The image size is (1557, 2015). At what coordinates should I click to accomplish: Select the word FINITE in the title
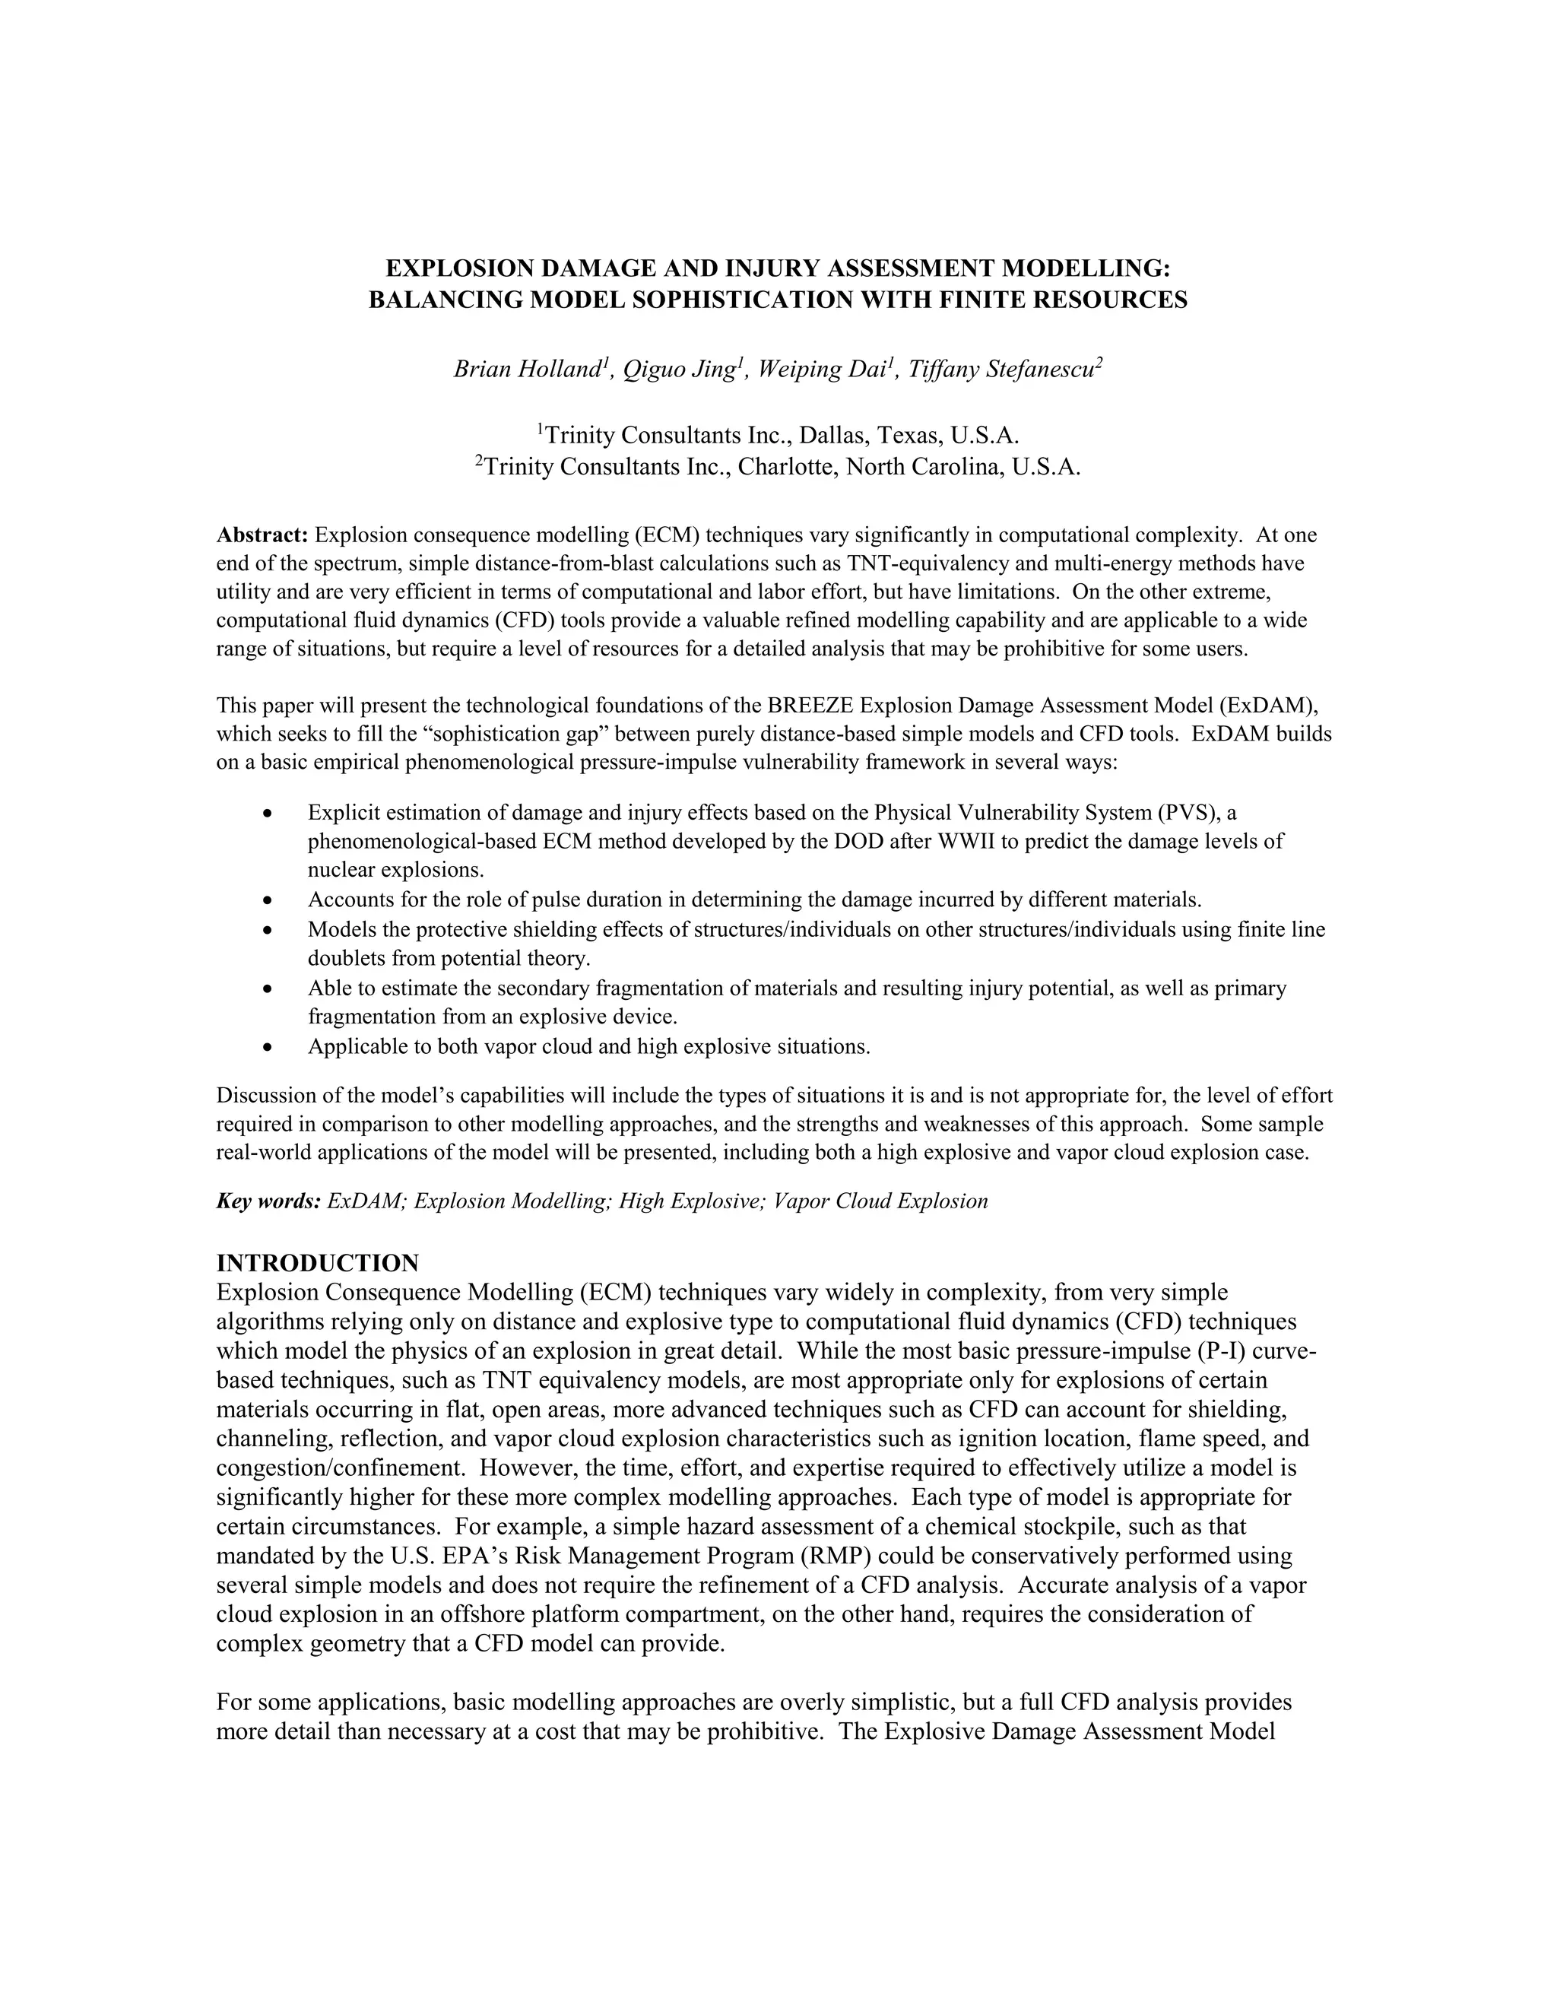[983, 300]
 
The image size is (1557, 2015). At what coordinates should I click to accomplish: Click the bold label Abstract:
[262, 535]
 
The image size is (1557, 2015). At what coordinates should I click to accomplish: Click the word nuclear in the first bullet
[341, 870]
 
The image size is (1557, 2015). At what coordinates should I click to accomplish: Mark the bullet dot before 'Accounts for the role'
[268, 900]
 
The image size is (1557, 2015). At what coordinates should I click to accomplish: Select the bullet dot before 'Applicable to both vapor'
[268, 1047]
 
